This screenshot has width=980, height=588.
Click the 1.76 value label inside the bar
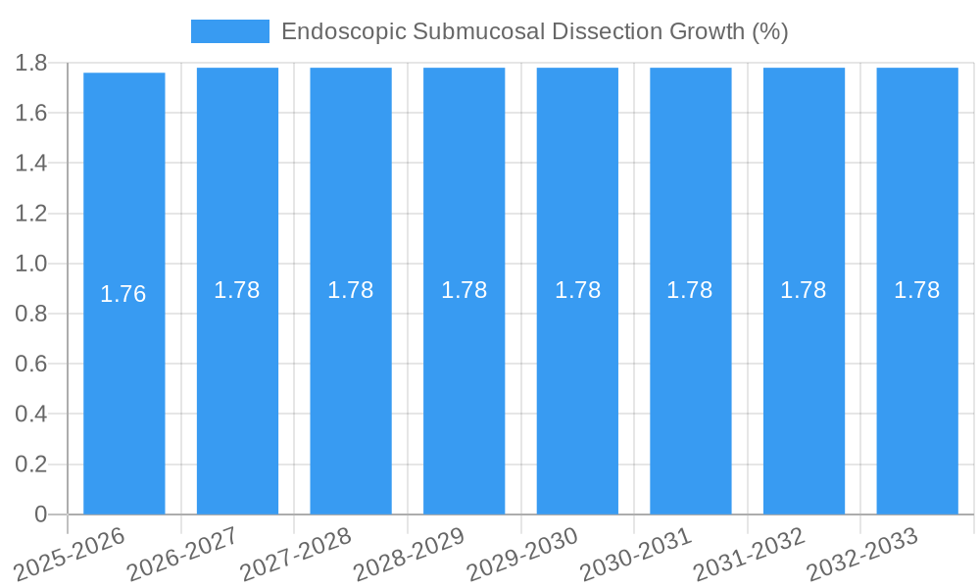click(123, 294)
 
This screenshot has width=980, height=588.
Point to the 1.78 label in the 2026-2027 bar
click(237, 290)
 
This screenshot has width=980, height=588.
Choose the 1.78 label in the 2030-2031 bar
click(690, 290)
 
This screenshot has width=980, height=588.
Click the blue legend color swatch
click(229, 31)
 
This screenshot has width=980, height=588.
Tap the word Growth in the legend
click(707, 31)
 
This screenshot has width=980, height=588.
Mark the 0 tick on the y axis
click(40, 514)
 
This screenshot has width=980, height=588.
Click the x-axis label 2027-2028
click(296, 555)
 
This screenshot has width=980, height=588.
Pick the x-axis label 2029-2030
click(522, 555)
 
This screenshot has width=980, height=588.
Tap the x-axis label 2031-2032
click(749, 555)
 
